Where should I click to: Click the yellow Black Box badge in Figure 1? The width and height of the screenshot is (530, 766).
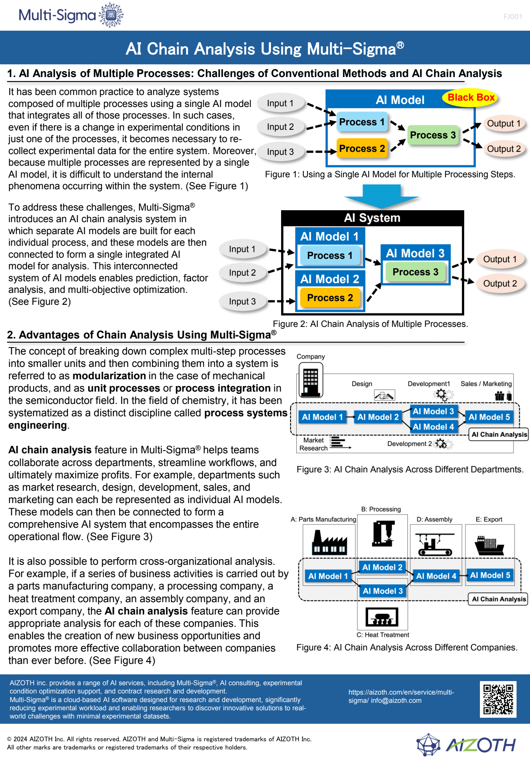click(471, 98)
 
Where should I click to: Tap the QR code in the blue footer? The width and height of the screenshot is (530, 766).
click(498, 699)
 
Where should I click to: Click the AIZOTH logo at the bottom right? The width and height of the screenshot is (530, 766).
click(466, 745)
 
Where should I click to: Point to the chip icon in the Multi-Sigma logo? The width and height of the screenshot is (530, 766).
click(111, 15)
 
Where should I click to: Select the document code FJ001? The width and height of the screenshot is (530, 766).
click(512, 16)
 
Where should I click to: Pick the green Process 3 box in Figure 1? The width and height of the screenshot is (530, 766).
click(433, 135)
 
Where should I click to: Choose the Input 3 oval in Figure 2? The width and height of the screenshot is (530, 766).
click(243, 301)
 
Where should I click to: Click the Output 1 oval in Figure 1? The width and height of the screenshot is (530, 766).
click(504, 123)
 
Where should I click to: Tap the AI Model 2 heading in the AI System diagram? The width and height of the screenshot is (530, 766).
click(329, 279)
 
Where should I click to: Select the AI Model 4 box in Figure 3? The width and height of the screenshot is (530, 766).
click(434, 427)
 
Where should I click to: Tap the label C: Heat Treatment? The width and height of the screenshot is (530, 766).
click(383, 635)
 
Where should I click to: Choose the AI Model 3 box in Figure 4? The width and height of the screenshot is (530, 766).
click(382, 591)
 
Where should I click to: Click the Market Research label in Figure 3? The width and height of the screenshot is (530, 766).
click(314, 444)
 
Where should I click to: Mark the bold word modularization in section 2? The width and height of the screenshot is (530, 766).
click(109, 376)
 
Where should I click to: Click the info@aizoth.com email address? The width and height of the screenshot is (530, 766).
click(396, 701)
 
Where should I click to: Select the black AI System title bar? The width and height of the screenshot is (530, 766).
click(372, 218)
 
